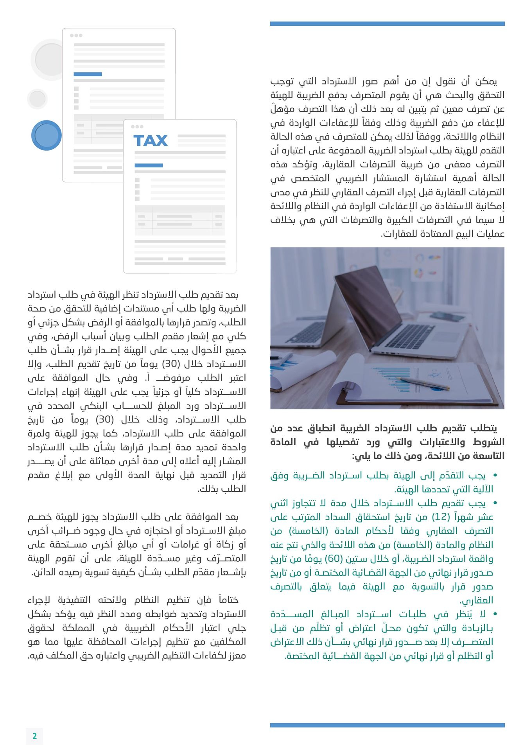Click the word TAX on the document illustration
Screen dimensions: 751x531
(x=151, y=140)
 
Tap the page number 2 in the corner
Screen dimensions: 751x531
(x=34, y=736)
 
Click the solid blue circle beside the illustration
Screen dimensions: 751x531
(x=47, y=135)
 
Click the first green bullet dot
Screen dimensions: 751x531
(x=495, y=476)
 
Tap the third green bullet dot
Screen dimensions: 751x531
(x=495, y=614)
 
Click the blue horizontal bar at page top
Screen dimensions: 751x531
(x=387, y=24)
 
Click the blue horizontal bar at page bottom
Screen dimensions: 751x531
(x=387, y=725)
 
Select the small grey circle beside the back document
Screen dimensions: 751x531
(x=38, y=99)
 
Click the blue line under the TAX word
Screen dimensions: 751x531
(x=149, y=165)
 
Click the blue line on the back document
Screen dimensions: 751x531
(x=88, y=74)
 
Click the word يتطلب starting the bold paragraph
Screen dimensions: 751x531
(x=484, y=428)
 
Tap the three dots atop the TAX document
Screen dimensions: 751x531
(x=137, y=127)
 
